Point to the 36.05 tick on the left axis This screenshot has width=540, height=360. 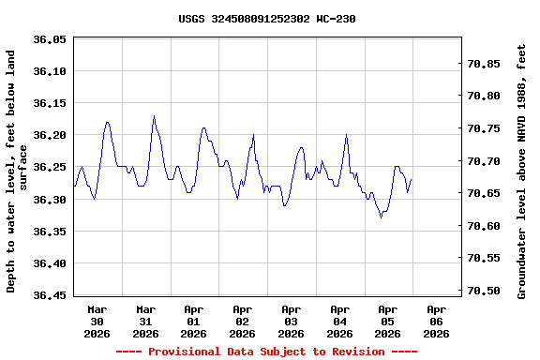pos(48,39)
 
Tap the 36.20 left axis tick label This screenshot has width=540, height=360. pos(48,136)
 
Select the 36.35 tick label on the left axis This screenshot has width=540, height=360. pos(48,232)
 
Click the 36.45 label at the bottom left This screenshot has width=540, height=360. pos(48,295)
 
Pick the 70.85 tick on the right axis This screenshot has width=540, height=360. pos(488,64)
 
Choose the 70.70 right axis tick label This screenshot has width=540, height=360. pos(488,161)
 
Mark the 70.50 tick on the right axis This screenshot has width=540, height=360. pos(488,291)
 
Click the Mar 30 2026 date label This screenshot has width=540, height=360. pos(97,321)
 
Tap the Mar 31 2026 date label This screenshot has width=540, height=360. pos(145,321)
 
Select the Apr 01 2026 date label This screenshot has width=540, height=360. pos(194,321)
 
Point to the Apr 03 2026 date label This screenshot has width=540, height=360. pos(291,321)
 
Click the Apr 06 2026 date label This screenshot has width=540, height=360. pos(436,321)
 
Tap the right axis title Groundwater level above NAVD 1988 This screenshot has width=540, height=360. pos(522,170)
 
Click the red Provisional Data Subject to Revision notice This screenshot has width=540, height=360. pos(266,352)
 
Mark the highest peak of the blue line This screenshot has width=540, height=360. pos(154,116)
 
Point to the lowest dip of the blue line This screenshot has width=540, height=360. pos(381,217)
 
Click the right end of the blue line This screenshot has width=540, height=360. pos(411,179)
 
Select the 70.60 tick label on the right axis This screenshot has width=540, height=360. pos(488,226)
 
